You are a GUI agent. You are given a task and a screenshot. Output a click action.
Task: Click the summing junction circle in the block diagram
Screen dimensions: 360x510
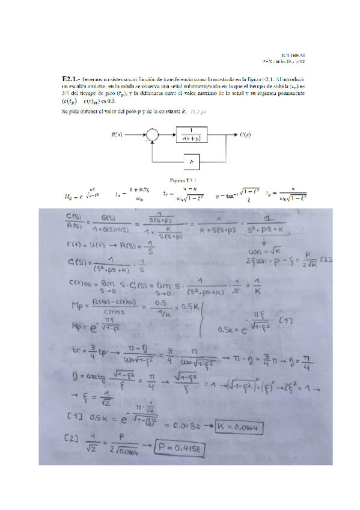[153, 135]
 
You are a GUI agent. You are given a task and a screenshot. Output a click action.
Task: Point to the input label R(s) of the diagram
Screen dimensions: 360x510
[118, 135]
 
